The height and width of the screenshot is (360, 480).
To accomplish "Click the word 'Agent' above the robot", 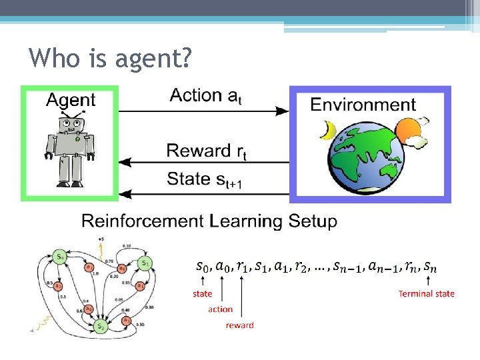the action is coord(71,100).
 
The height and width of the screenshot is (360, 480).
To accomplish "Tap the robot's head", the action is coord(70,124).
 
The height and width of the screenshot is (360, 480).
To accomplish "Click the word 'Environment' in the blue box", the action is coord(363,104).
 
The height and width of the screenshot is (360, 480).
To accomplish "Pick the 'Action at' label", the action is coord(206,96).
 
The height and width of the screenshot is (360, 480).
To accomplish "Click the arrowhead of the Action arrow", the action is coord(284,111).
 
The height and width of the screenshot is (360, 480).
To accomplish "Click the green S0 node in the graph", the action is coord(60,256).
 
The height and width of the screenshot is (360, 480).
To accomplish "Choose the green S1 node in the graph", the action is coord(145,263).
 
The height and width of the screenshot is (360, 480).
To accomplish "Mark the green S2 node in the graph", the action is coord(99,326).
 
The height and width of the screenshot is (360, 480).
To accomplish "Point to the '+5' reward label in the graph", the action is coord(100,239).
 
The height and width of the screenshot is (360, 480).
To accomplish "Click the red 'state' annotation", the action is coord(203,293).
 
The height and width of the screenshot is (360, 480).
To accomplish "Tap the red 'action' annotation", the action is coord(220,309).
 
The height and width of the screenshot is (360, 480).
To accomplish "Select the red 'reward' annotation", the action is coord(239,325).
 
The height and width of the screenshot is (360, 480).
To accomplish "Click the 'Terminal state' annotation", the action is coord(426,293).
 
